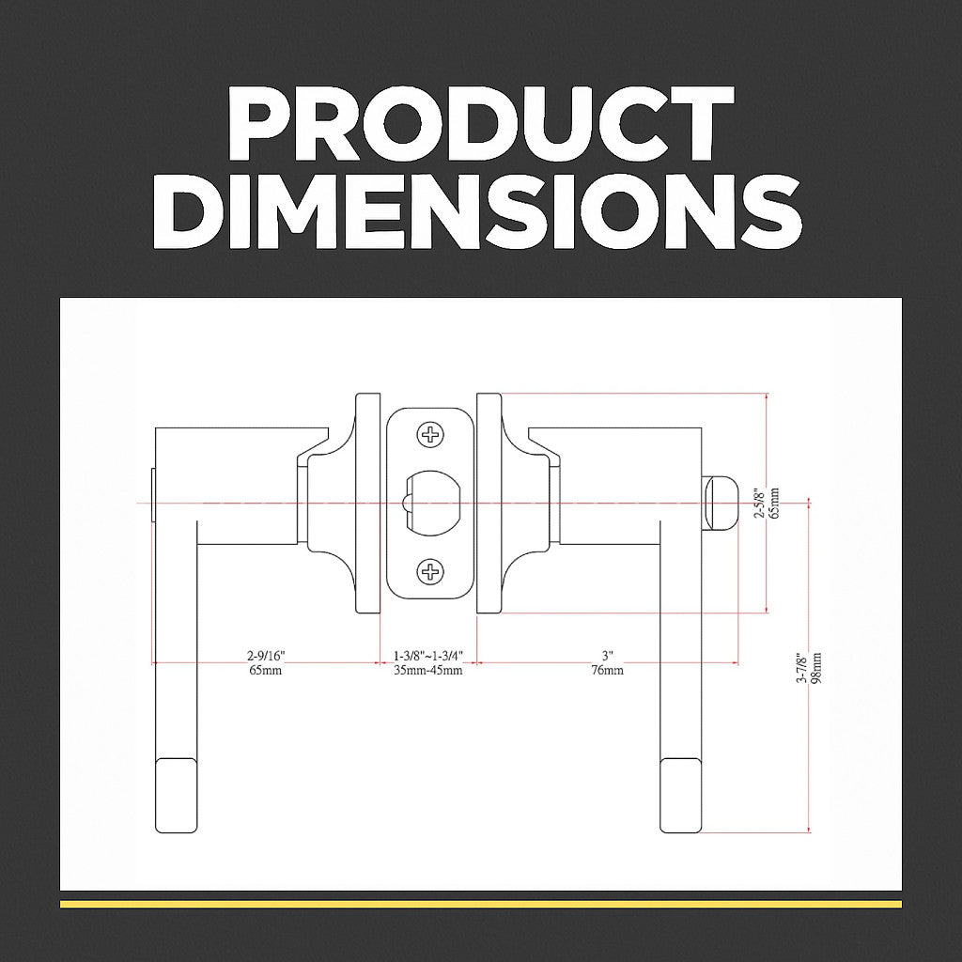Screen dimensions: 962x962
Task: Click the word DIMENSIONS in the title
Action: coord(477,211)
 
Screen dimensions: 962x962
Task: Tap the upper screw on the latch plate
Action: coord(430,435)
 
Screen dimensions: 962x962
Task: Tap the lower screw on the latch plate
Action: coord(430,572)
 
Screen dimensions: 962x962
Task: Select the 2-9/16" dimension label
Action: coord(266,656)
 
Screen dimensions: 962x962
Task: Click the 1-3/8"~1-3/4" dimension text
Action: coord(427,656)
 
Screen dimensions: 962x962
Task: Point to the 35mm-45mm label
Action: coord(427,670)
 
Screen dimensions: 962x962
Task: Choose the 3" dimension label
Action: coord(608,656)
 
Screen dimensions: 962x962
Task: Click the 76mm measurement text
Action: coord(608,670)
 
